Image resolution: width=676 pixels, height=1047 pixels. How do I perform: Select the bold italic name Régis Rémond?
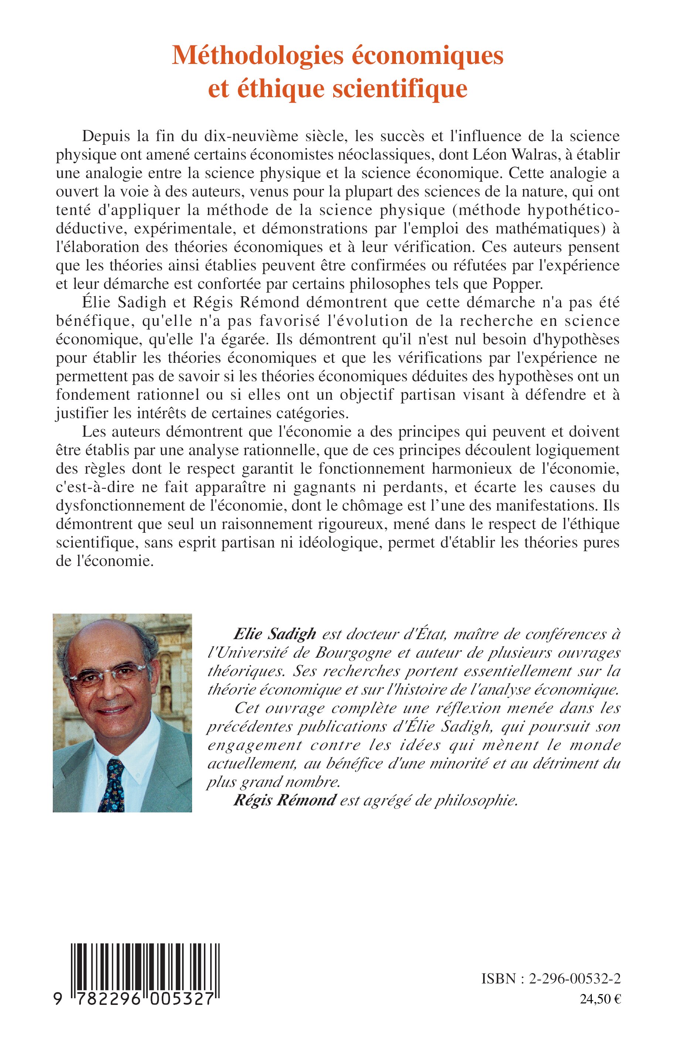pyautogui.click(x=284, y=800)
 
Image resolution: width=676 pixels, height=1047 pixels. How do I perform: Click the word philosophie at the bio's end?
pyautogui.click(x=476, y=800)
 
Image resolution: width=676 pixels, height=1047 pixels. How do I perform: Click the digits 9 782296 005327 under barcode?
pyautogui.click(x=134, y=999)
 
